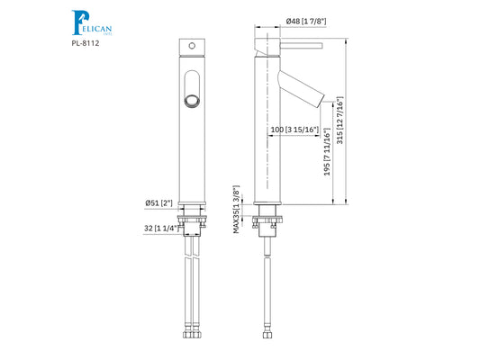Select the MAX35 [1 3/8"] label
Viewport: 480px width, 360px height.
point(237,209)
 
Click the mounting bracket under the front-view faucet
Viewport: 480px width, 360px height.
point(192,220)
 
